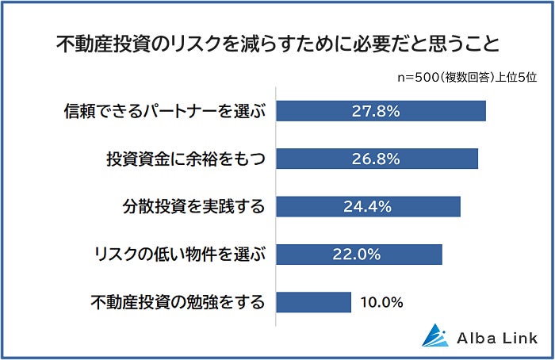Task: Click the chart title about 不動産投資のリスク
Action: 277,44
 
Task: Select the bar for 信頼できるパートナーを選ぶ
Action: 381,111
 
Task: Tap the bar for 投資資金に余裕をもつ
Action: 377,159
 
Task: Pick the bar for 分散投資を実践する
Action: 368,206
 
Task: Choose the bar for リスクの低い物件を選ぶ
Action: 359,255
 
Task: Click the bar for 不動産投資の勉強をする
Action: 314,302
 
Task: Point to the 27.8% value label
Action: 376,111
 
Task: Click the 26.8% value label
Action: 376,159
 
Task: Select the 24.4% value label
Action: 367,207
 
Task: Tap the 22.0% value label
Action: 357,255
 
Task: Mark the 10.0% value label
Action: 381,303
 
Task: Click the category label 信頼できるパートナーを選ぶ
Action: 165,111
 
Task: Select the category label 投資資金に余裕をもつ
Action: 186,159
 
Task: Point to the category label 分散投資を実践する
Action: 193,207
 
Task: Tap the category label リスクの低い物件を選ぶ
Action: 179,255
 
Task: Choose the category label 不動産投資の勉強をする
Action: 178,302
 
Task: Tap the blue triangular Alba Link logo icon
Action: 435,335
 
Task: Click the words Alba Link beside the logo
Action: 497,338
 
